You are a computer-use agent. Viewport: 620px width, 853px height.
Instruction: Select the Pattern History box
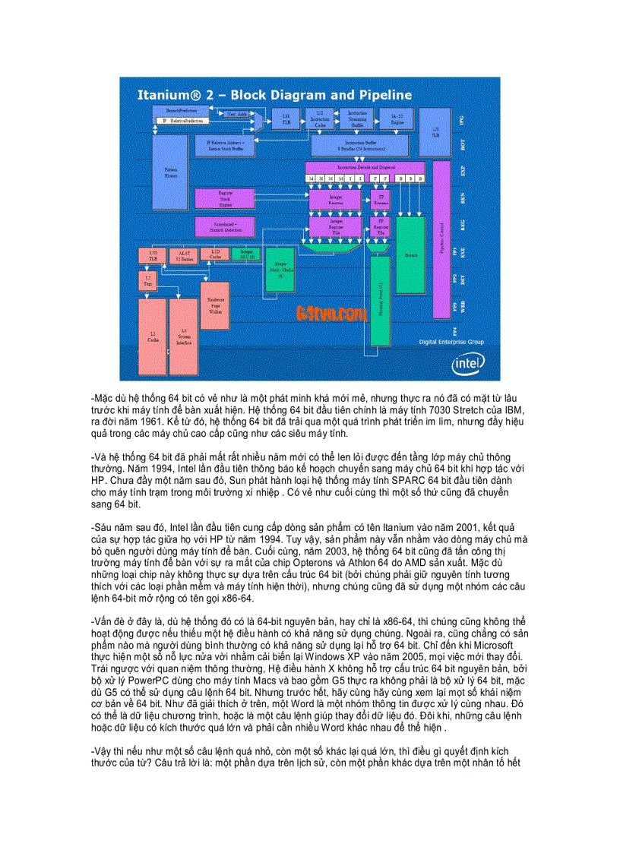[170, 172]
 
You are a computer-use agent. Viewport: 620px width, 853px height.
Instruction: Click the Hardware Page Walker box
[216, 306]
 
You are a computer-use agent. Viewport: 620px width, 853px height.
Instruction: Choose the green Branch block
[411, 254]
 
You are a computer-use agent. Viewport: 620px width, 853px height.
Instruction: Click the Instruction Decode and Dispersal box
[365, 166]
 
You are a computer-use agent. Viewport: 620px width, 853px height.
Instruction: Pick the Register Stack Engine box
[225, 198]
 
